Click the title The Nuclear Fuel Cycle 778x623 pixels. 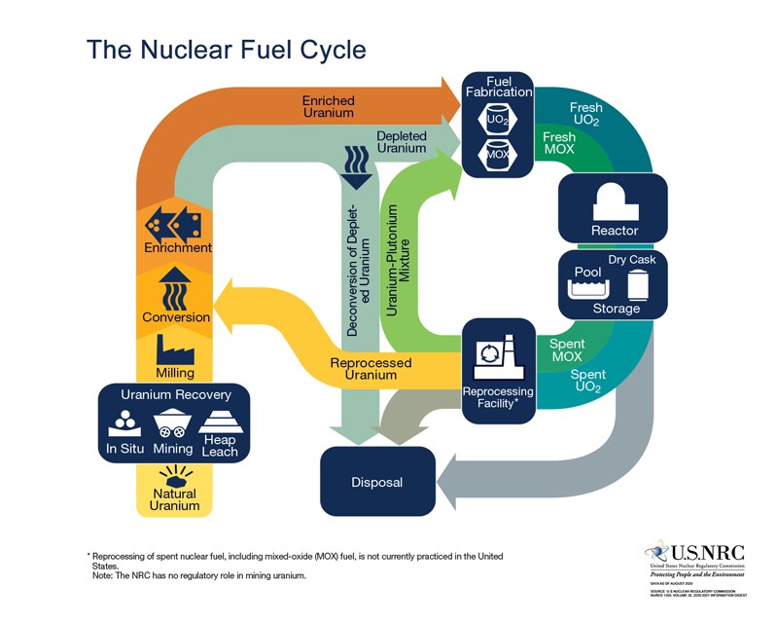click(x=227, y=49)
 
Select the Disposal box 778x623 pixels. click(x=376, y=482)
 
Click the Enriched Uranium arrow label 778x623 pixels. click(x=328, y=107)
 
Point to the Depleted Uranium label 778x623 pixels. click(x=401, y=142)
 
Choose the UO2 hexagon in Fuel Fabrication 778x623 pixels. click(x=498, y=121)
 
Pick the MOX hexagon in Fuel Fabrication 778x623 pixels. click(x=498, y=155)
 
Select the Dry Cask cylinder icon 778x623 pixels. click(x=639, y=282)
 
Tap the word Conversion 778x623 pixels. click(x=176, y=317)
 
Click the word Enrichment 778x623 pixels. click(x=176, y=248)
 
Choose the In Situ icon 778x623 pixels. click(x=125, y=422)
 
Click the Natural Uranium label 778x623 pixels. click(x=175, y=499)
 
